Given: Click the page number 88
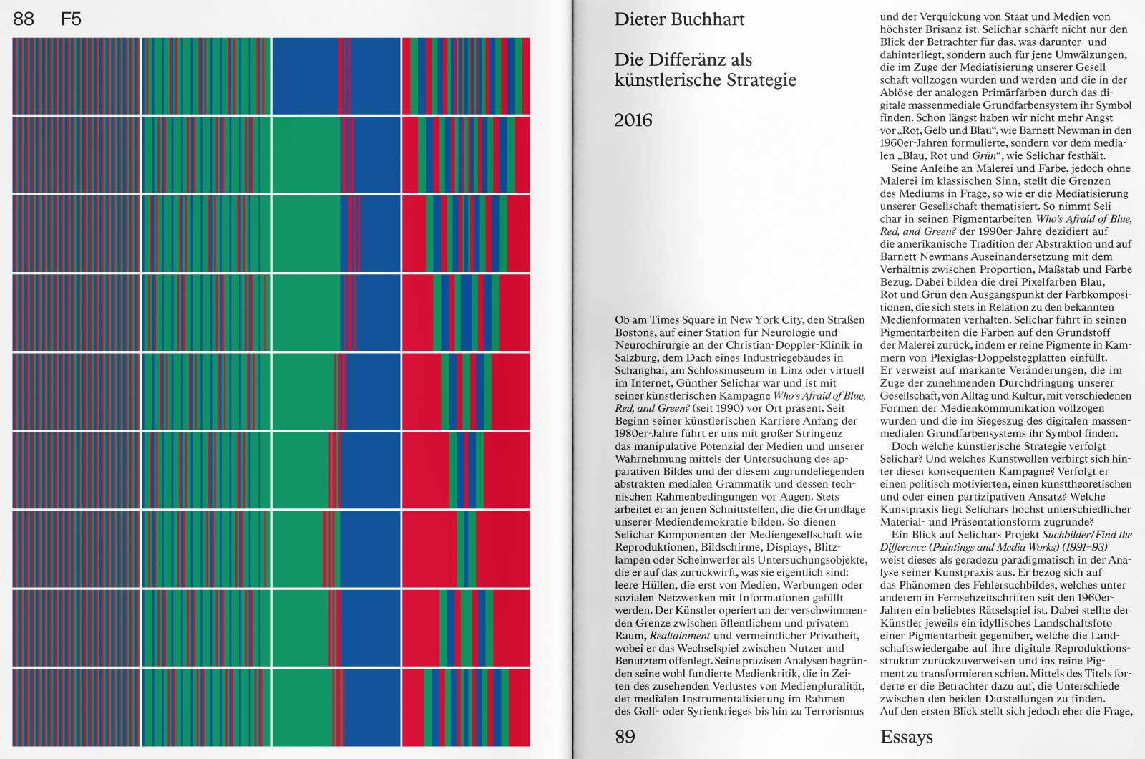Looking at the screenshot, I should (24, 19).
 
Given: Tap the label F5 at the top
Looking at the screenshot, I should (72, 19).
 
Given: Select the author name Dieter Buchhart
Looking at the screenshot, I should (679, 19).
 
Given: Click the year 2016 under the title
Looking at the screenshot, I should (633, 120).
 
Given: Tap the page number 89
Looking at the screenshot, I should (625, 737).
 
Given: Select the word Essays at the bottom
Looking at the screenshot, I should (907, 737).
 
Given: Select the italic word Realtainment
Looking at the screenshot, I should (680, 636).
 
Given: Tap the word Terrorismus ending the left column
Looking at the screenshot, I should (835, 712).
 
